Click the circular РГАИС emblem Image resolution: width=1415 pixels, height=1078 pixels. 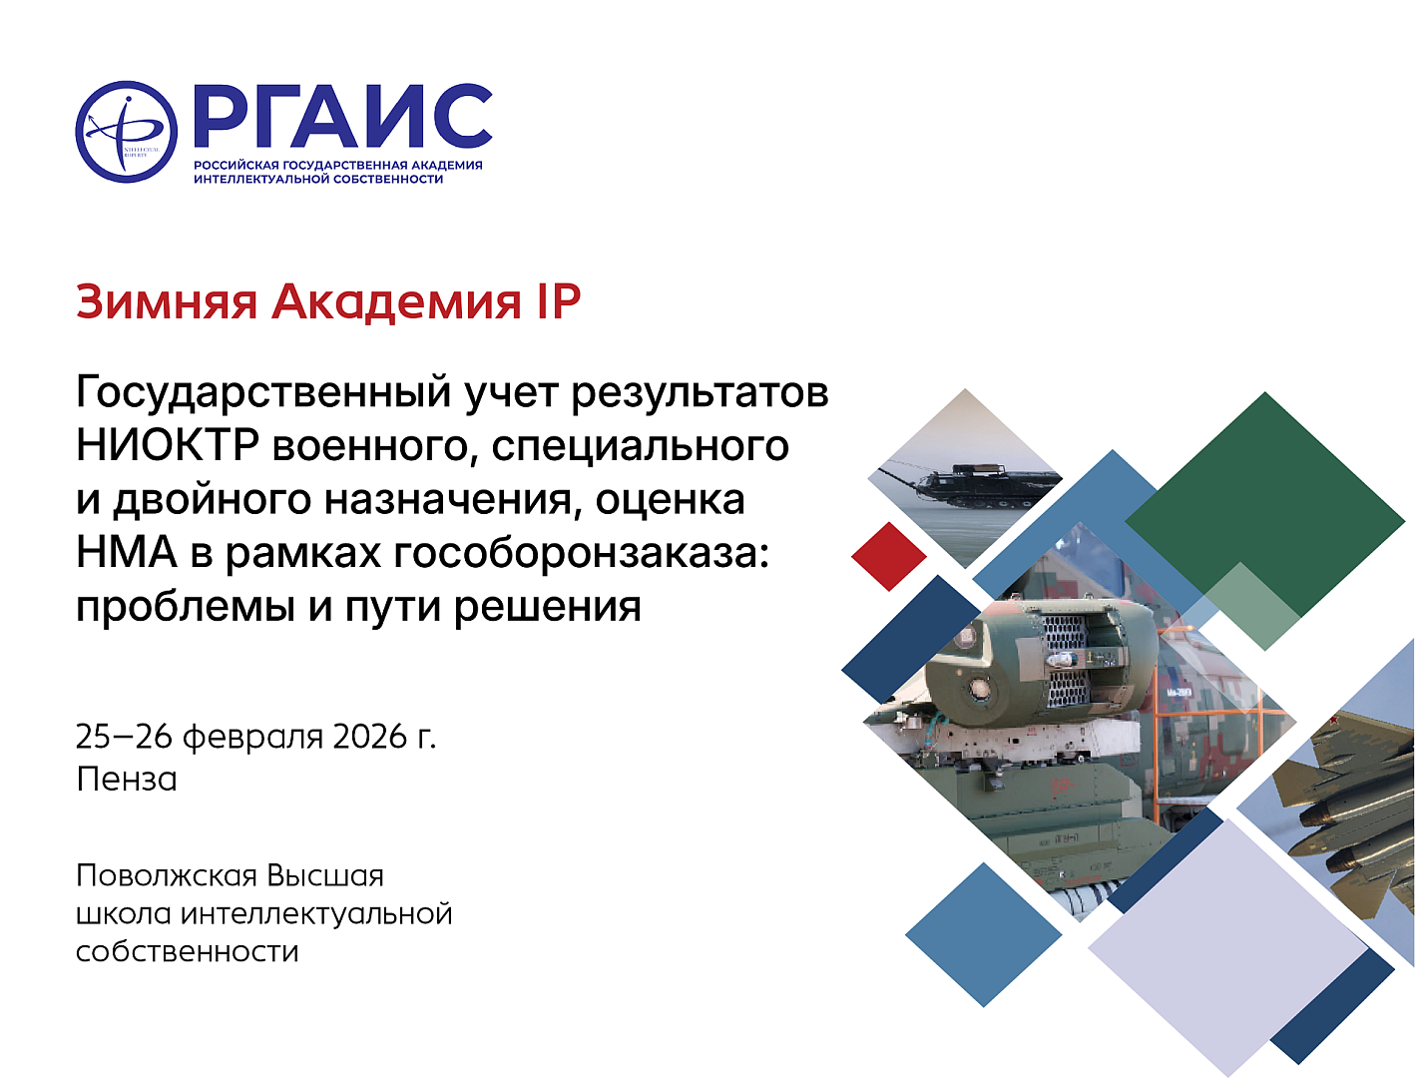click(127, 132)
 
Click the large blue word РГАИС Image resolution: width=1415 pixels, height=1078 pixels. click(343, 116)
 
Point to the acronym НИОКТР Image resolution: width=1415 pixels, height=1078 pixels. click(168, 445)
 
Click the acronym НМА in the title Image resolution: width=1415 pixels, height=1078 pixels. click(127, 552)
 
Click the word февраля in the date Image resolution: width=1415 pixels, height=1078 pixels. click(252, 738)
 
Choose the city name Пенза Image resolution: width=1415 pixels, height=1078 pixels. click(127, 779)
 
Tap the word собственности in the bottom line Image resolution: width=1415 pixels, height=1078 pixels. click(187, 951)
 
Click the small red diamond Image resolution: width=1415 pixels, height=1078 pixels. click(889, 556)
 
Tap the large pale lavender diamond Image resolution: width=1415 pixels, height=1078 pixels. click(1228, 948)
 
